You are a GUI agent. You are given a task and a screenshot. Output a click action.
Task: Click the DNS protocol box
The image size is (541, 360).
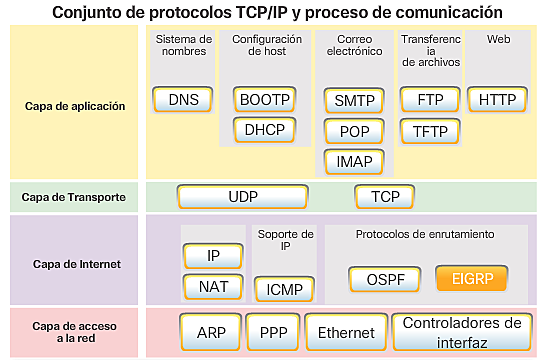coord(183,99)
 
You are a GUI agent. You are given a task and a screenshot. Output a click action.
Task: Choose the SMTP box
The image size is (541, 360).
coord(354,100)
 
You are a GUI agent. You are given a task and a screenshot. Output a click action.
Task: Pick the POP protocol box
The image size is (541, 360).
coord(354,131)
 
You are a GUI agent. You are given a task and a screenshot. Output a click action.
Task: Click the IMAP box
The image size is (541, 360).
coord(354,161)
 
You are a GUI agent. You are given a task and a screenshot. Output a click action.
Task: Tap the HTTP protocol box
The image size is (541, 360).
coord(497,99)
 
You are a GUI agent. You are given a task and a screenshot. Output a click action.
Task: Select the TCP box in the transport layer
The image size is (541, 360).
coord(385,197)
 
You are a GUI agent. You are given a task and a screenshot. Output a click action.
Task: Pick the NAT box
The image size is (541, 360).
coord(213,287)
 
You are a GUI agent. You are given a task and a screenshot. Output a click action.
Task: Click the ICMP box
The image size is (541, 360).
coord(284,290)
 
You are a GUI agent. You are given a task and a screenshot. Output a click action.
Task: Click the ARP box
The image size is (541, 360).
coord(211,332)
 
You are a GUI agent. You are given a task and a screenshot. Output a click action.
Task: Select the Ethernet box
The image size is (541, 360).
coord(346,332)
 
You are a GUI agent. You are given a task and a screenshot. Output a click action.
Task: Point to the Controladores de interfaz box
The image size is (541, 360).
coord(462,331)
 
